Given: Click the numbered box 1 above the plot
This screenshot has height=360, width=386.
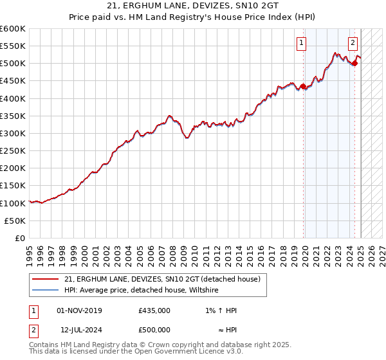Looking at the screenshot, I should (x=302, y=44).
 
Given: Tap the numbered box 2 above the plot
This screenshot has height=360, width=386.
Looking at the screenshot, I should (x=353, y=44).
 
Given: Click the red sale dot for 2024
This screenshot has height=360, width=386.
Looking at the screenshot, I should (x=354, y=63).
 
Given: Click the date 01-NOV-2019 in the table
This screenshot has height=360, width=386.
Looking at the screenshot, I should (x=79, y=310).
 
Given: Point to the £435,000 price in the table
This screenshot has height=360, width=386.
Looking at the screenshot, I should (x=154, y=310).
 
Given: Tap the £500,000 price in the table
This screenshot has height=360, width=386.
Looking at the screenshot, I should (x=154, y=330).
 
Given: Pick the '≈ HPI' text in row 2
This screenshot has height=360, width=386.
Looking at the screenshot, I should (x=225, y=330).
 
